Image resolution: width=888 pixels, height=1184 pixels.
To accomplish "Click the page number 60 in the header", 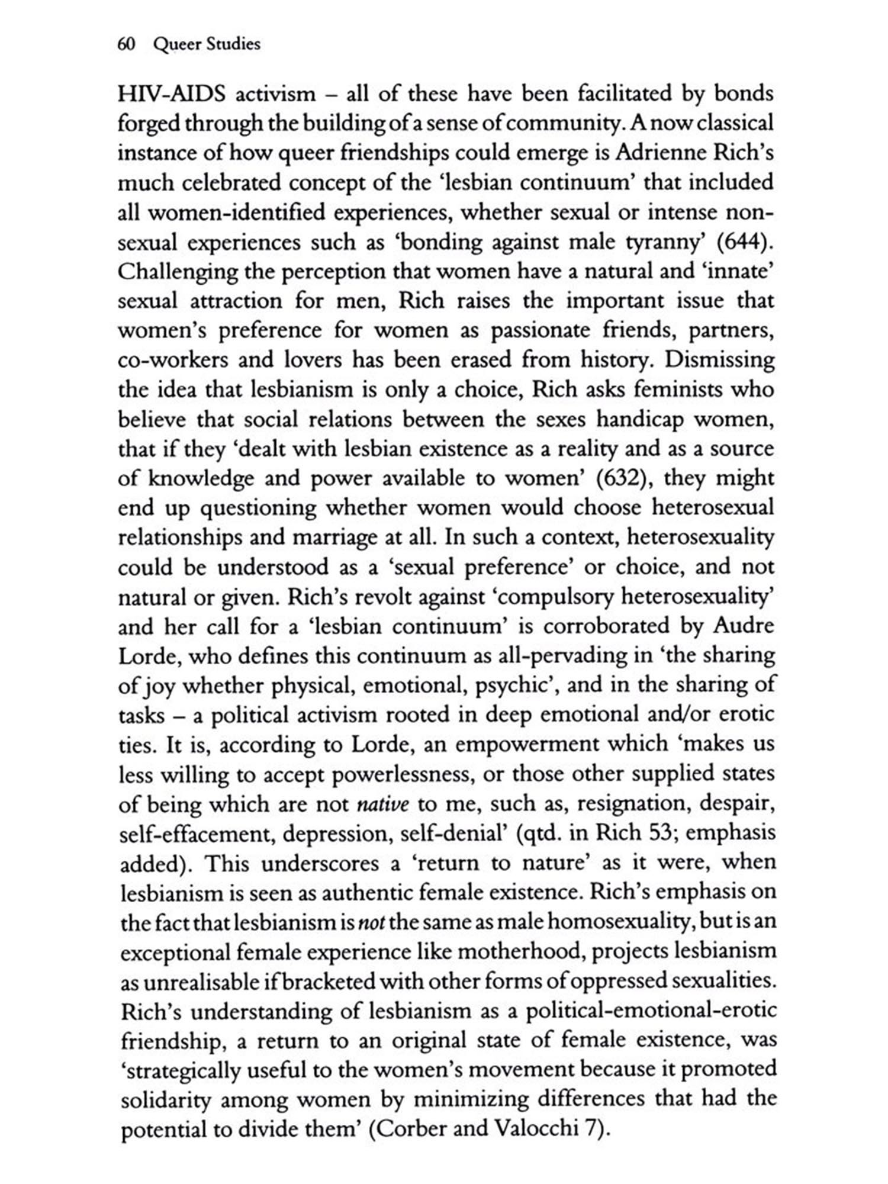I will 127,44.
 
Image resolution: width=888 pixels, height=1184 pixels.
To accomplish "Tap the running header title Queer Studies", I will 207,45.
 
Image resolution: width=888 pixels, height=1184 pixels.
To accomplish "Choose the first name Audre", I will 744,626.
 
